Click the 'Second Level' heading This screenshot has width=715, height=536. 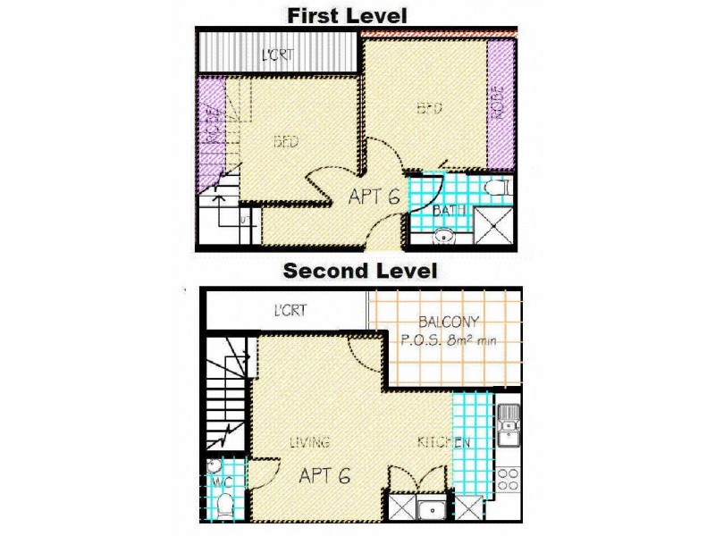click(361, 270)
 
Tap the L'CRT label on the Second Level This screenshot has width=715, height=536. click(290, 311)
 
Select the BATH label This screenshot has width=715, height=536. click(445, 211)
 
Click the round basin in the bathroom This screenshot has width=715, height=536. click(444, 237)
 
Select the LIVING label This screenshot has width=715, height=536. click(309, 442)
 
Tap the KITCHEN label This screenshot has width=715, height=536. click(443, 442)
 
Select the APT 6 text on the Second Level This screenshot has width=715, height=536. click(324, 474)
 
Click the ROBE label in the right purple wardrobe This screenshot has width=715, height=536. click(499, 104)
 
